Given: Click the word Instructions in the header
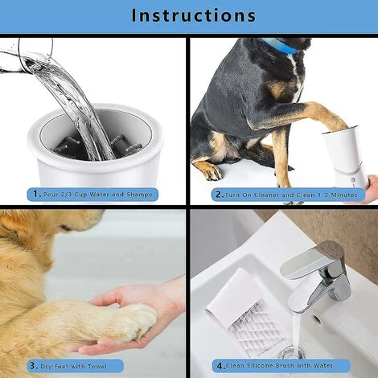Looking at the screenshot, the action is coord(194,15).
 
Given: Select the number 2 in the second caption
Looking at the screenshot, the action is coord(220,194).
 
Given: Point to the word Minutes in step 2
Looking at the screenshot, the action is coord(344,195).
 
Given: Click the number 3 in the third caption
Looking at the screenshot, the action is coord(33,366).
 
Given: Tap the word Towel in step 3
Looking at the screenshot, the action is coord(97,366).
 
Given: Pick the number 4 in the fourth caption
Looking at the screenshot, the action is coord(220,366).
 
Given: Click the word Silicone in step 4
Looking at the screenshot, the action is coord(260,366).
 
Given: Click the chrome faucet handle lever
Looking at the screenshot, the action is coord(312,258).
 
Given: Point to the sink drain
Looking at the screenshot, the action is coord(293,352).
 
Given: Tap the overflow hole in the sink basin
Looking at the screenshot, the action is coord(317,318).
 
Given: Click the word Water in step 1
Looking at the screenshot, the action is coord(100,195).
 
